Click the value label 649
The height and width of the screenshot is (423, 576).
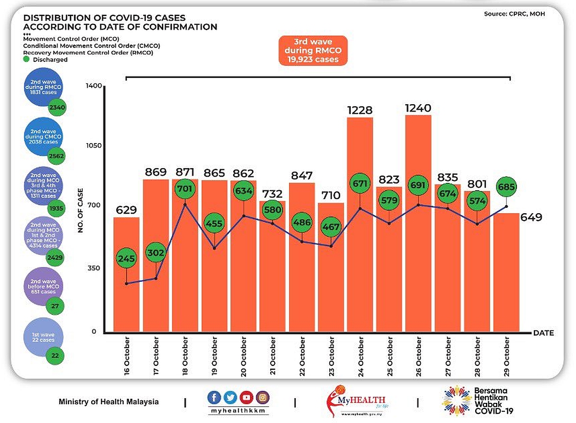[531, 218]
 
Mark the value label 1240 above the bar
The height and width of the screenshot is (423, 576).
[418, 108]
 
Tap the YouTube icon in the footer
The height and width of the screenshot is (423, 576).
[247, 397]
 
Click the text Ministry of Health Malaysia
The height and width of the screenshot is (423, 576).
[108, 401]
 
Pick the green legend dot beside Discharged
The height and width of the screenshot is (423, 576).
[27, 60]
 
